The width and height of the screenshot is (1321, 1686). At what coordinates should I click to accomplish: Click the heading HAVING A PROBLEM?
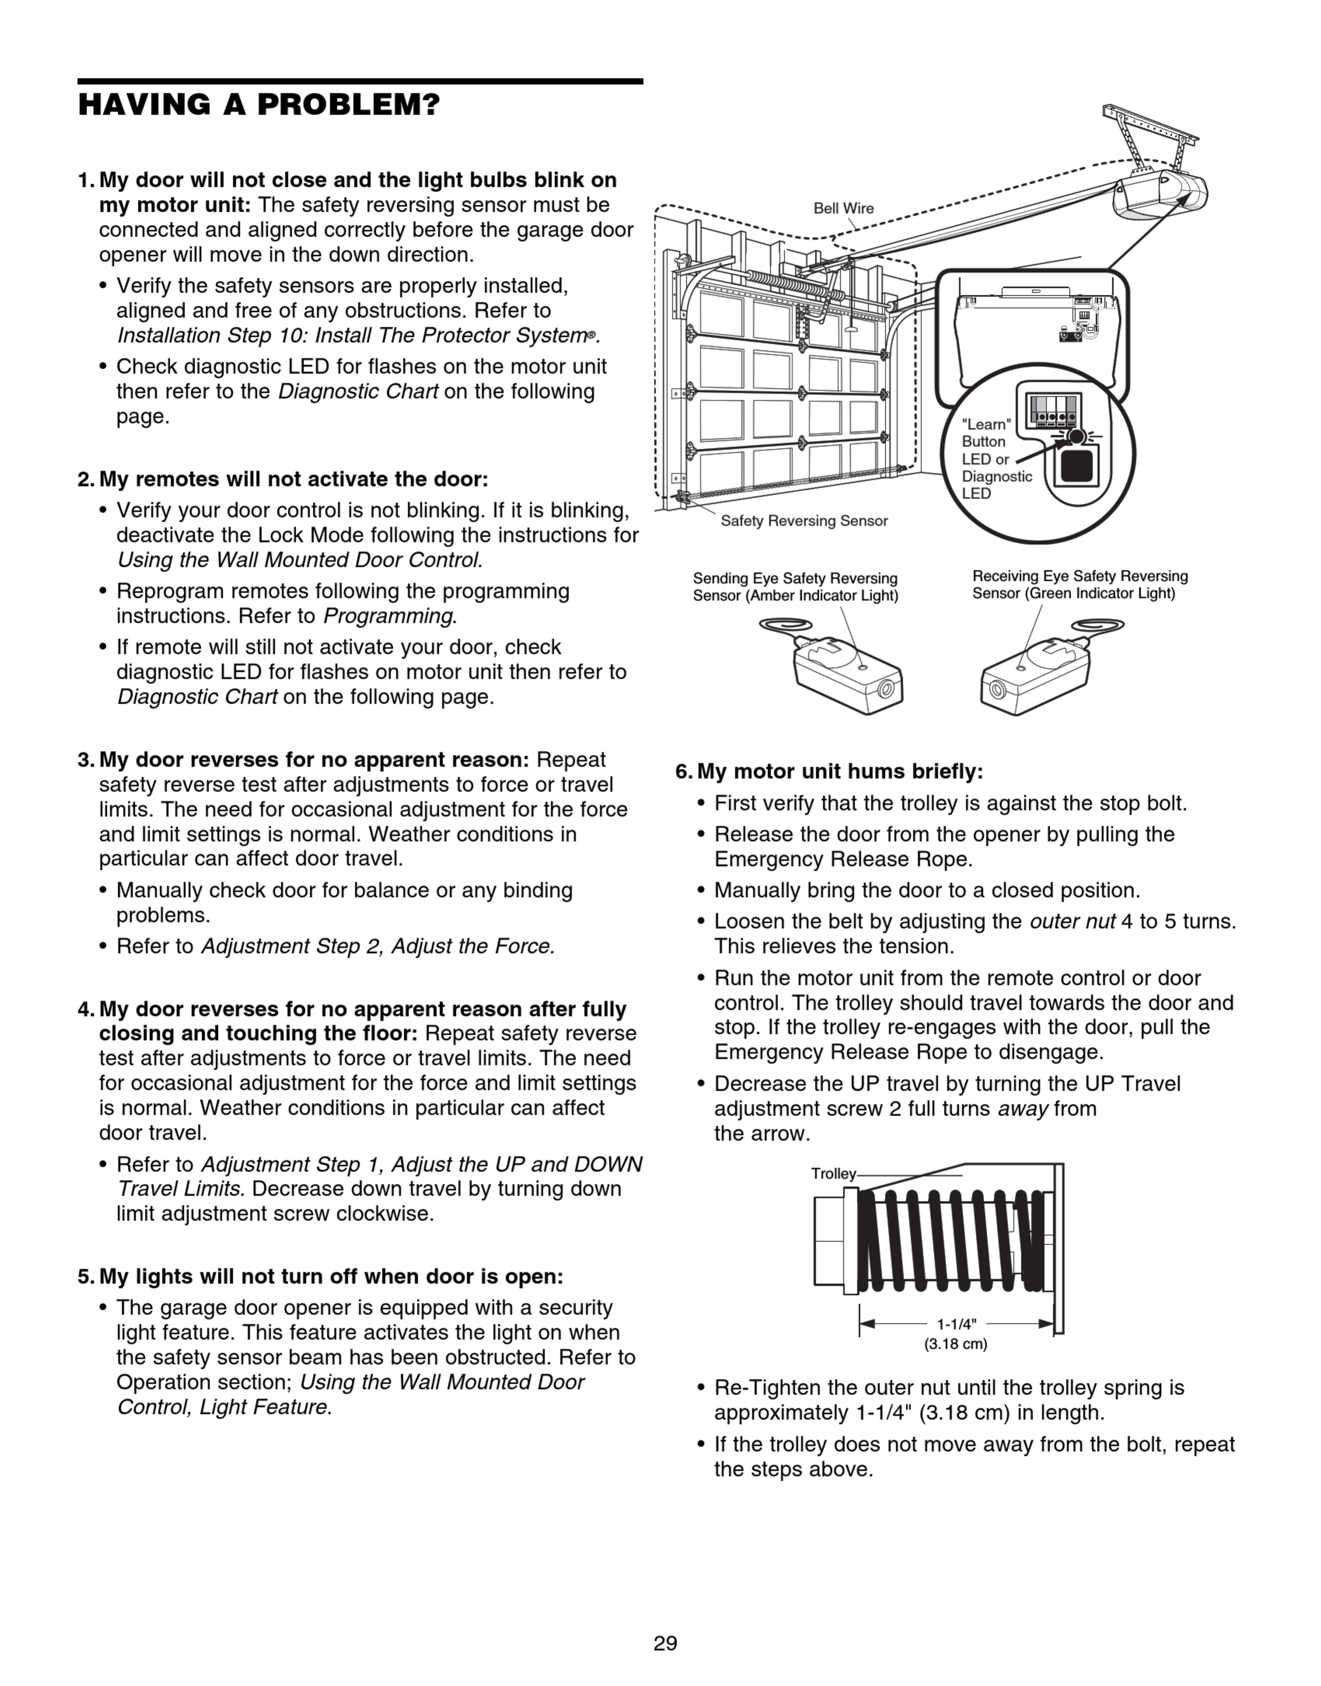click(259, 105)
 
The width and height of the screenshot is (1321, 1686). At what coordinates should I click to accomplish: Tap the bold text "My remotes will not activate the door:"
click(294, 479)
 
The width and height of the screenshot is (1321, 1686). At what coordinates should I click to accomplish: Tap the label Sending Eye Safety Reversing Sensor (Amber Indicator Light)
click(795, 587)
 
